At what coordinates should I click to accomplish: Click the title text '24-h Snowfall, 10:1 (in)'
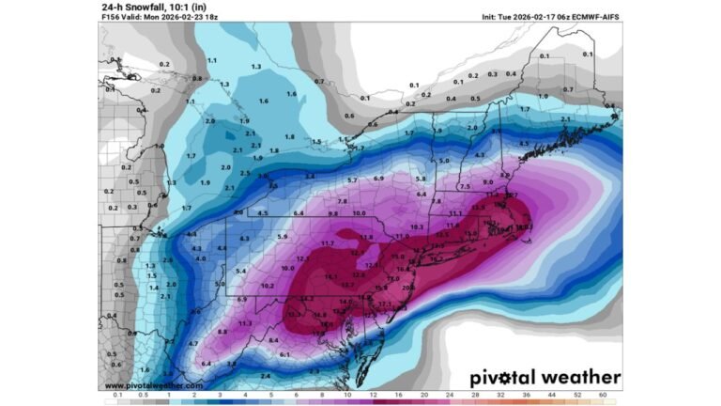coord(154,6)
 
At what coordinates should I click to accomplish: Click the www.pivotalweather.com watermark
coord(153,385)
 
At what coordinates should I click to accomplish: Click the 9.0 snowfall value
coord(487,181)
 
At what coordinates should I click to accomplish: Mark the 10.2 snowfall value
coord(268,286)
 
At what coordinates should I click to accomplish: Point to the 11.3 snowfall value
coord(245,323)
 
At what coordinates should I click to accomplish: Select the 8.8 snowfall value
coord(222,332)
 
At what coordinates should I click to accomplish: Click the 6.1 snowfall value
coord(284,354)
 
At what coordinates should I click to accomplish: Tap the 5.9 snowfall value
coord(282,237)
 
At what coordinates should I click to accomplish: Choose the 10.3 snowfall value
coord(417,226)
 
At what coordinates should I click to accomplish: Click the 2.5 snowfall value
coord(244,173)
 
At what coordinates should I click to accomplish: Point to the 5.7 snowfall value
coord(352,180)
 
